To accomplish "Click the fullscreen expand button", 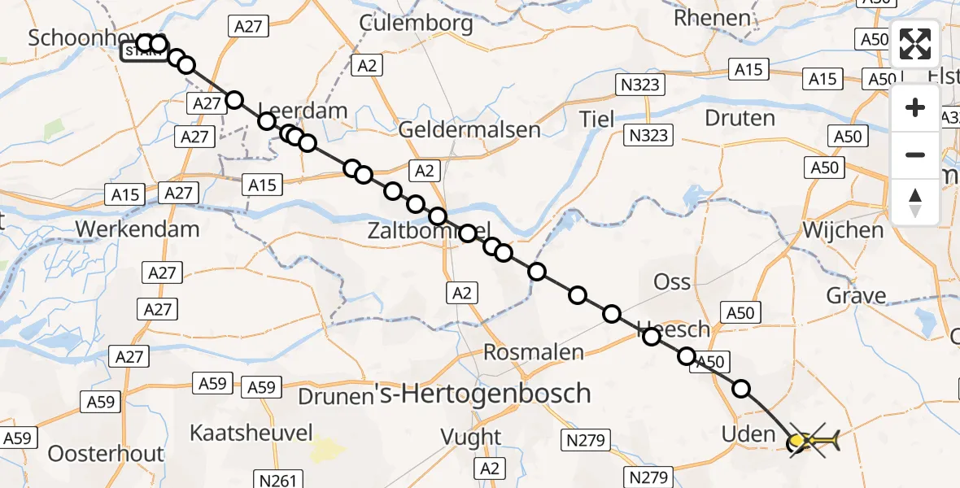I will click(915, 44).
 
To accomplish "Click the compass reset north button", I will click(915, 203).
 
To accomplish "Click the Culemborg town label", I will click(416, 23).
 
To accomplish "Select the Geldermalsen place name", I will click(469, 129).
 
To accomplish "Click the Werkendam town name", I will click(137, 229).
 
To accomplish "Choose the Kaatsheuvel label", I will click(251, 433).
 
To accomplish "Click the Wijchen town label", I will click(843, 230).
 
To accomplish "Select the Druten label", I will click(740, 119).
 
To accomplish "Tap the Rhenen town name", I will click(712, 18).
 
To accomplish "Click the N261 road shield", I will click(276, 478).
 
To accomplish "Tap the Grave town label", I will click(856, 295).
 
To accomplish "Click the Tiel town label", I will click(596, 119).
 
